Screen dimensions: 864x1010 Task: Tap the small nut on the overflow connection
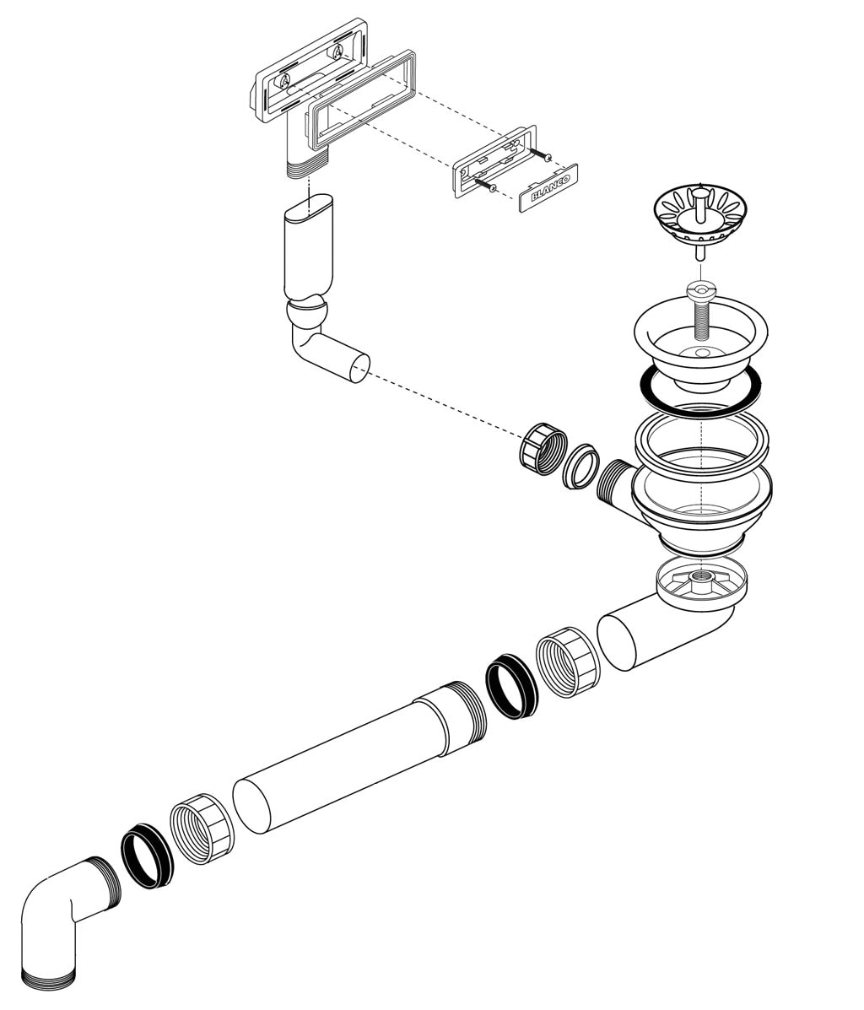click(x=543, y=448)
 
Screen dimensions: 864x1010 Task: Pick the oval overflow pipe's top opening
click(x=309, y=208)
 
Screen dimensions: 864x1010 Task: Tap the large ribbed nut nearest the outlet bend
click(x=568, y=663)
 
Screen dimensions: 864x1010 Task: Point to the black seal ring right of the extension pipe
click(x=511, y=685)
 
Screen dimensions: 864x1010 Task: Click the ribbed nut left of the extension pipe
click(x=202, y=829)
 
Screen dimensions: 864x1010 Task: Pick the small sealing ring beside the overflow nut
click(x=581, y=466)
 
